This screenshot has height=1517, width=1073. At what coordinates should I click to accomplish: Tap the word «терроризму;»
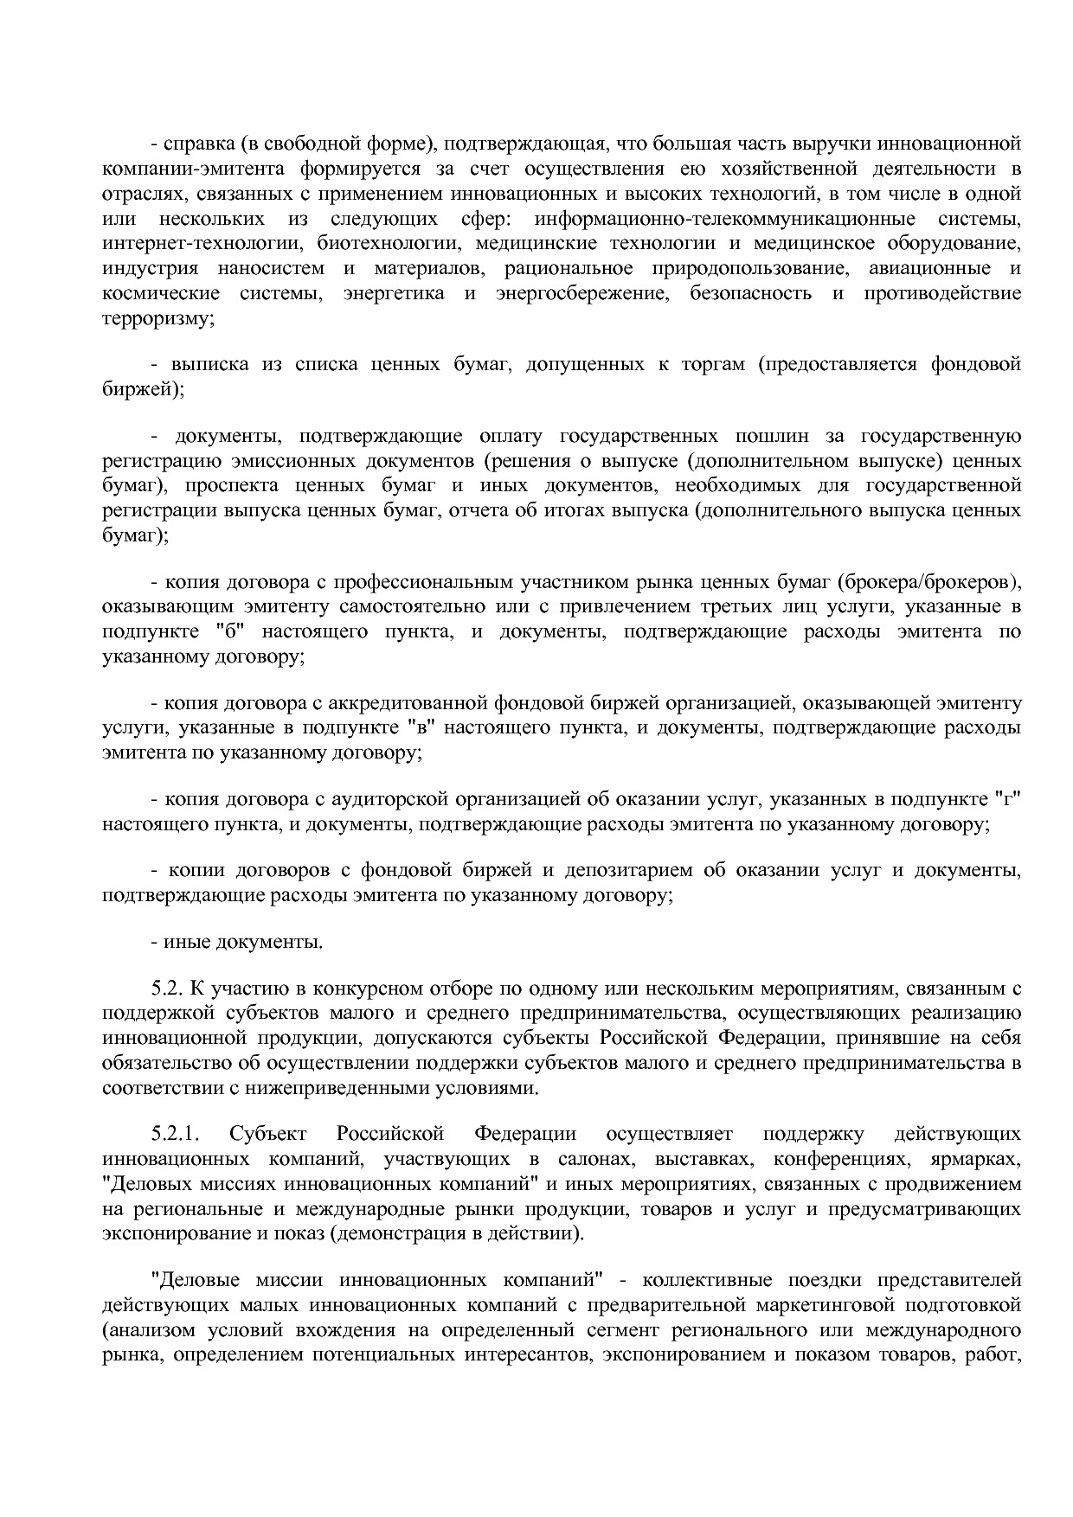157,318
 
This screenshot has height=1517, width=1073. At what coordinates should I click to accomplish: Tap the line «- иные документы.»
236,942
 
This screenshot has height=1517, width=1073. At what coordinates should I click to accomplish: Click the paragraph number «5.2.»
168,989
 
